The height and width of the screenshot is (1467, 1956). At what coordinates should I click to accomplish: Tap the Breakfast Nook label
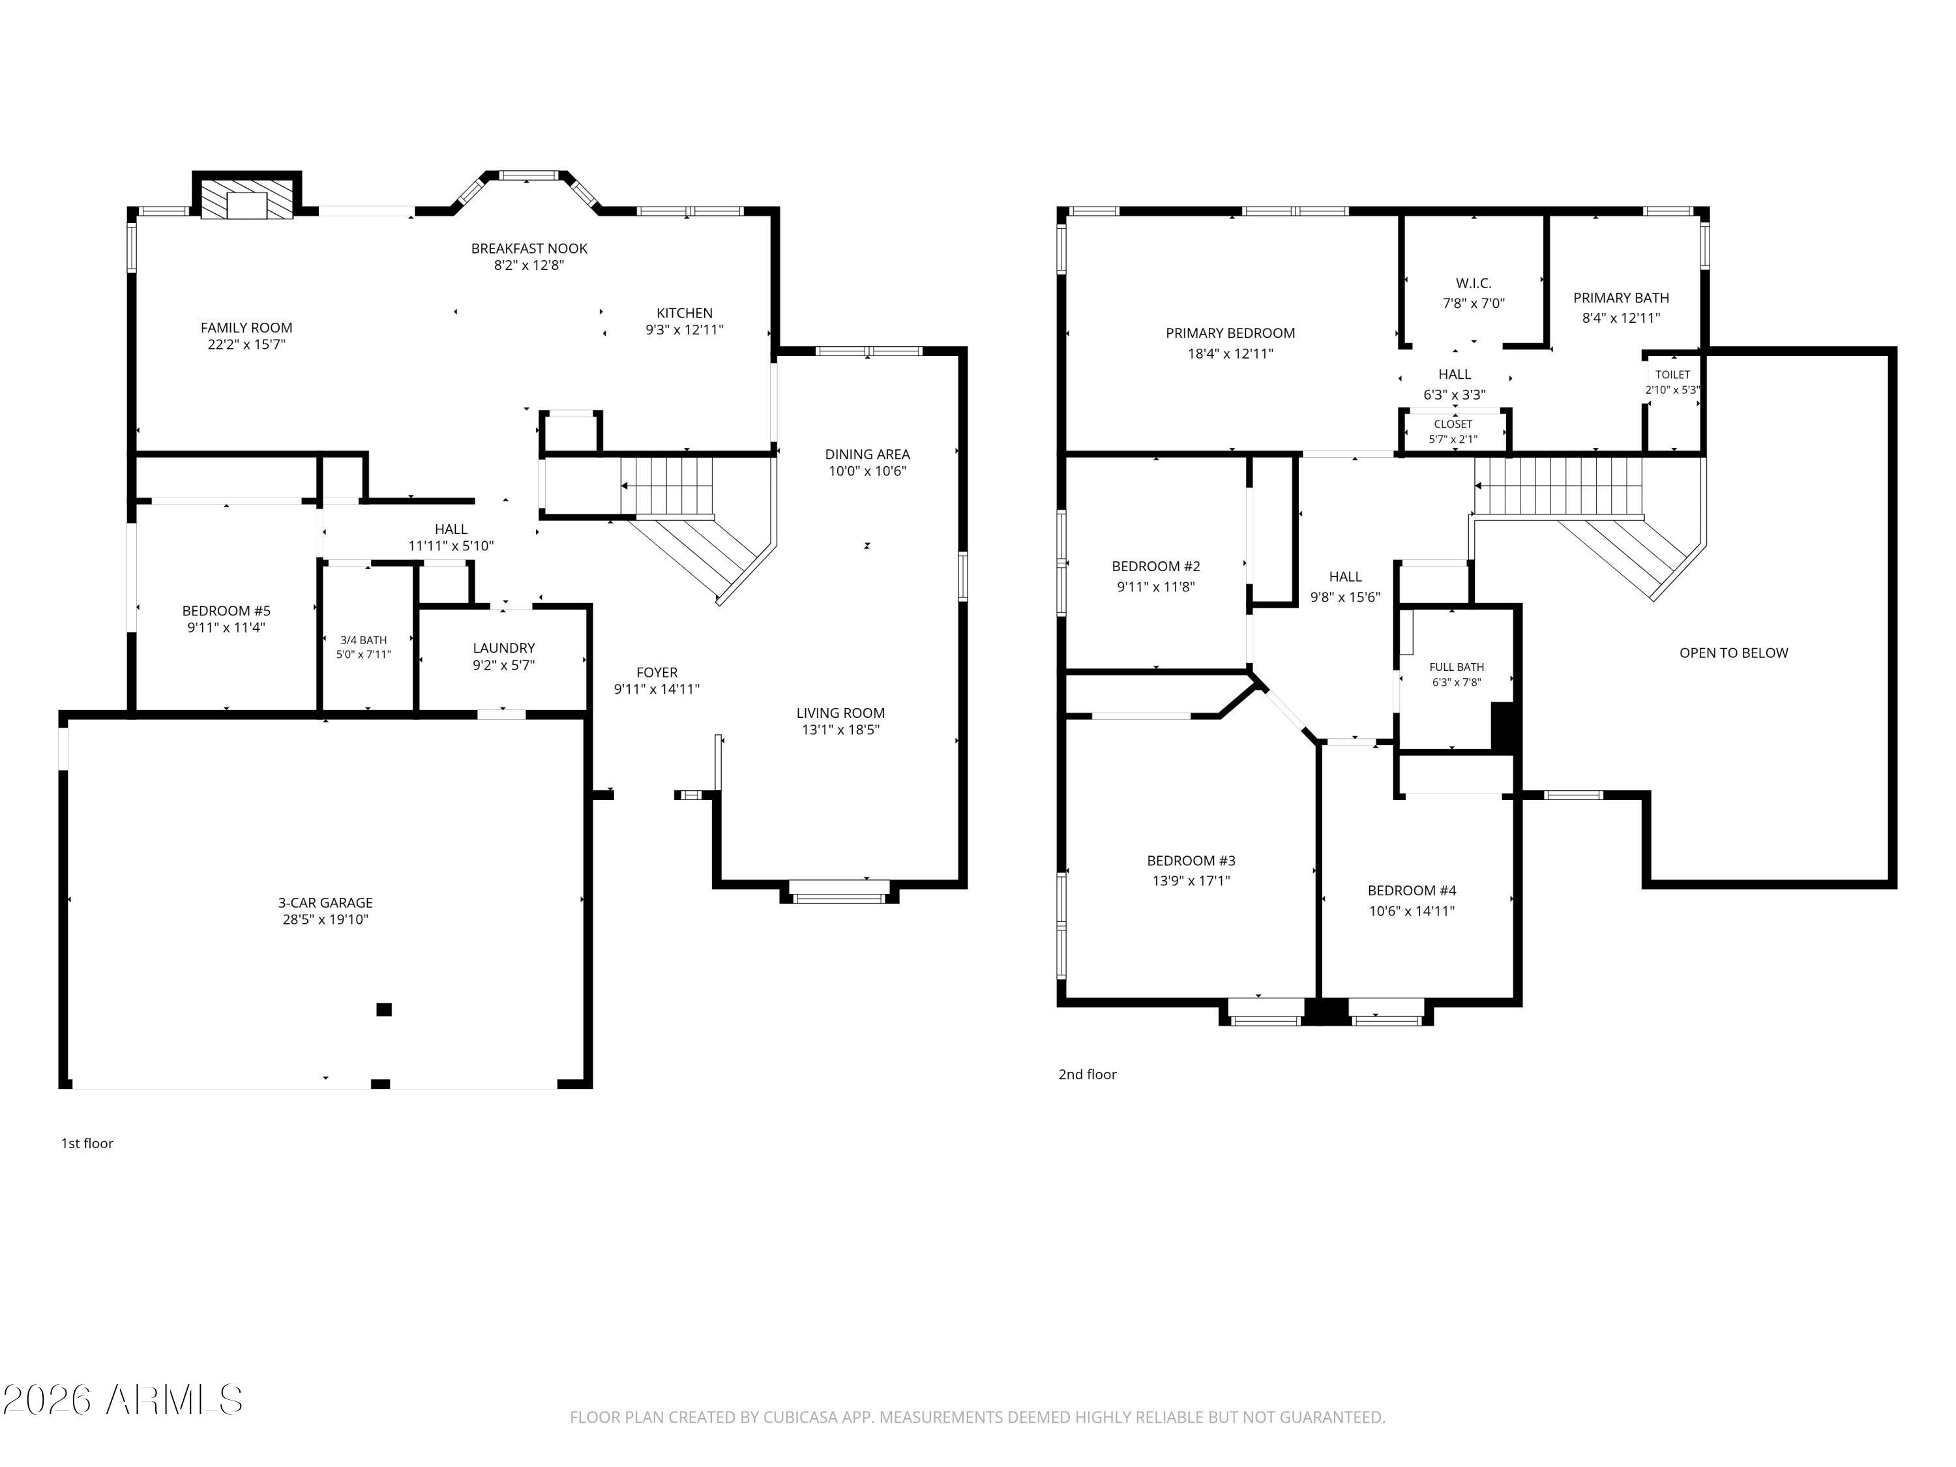[x=529, y=248]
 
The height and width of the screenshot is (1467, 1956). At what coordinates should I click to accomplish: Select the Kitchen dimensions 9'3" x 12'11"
[x=685, y=330]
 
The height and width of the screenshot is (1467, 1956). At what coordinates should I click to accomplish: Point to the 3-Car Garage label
[x=325, y=903]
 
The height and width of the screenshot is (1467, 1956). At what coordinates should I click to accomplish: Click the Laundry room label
[x=504, y=648]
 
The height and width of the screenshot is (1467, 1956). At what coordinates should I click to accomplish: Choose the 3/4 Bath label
[x=363, y=640]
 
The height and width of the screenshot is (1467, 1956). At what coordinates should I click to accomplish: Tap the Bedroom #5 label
[x=226, y=611]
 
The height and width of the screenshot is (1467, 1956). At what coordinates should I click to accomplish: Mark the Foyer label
[x=657, y=673]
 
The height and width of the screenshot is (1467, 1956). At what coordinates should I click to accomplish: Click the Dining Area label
[x=867, y=454]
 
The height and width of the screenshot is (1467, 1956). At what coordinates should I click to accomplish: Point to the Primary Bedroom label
[x=1230, y=333]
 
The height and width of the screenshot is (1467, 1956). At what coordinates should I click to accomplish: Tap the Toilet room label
[x=1673, y=375]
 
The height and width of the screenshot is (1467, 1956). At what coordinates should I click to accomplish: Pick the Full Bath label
[x=1457, y=668]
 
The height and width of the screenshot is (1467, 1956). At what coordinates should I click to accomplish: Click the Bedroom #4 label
[x=1412, y=891]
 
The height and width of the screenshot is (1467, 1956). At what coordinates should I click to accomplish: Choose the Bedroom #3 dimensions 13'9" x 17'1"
[x=1191, y=881]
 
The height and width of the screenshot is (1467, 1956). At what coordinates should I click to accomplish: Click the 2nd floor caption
[x=1088, y=1074]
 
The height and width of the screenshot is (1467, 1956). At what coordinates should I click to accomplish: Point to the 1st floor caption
[x=87, y=1144]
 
